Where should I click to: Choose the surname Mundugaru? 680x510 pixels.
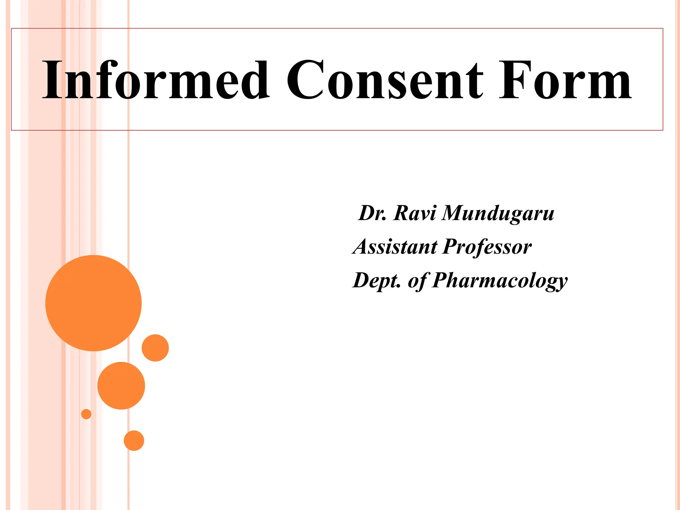498,213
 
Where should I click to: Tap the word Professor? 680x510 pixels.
487,247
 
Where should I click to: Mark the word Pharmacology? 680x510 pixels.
500,281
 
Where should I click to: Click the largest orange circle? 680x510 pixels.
93,303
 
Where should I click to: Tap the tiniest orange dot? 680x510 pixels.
86,414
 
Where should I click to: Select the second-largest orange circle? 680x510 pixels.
121,385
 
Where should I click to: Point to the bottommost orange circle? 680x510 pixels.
134,441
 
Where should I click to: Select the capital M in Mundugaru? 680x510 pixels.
454,213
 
